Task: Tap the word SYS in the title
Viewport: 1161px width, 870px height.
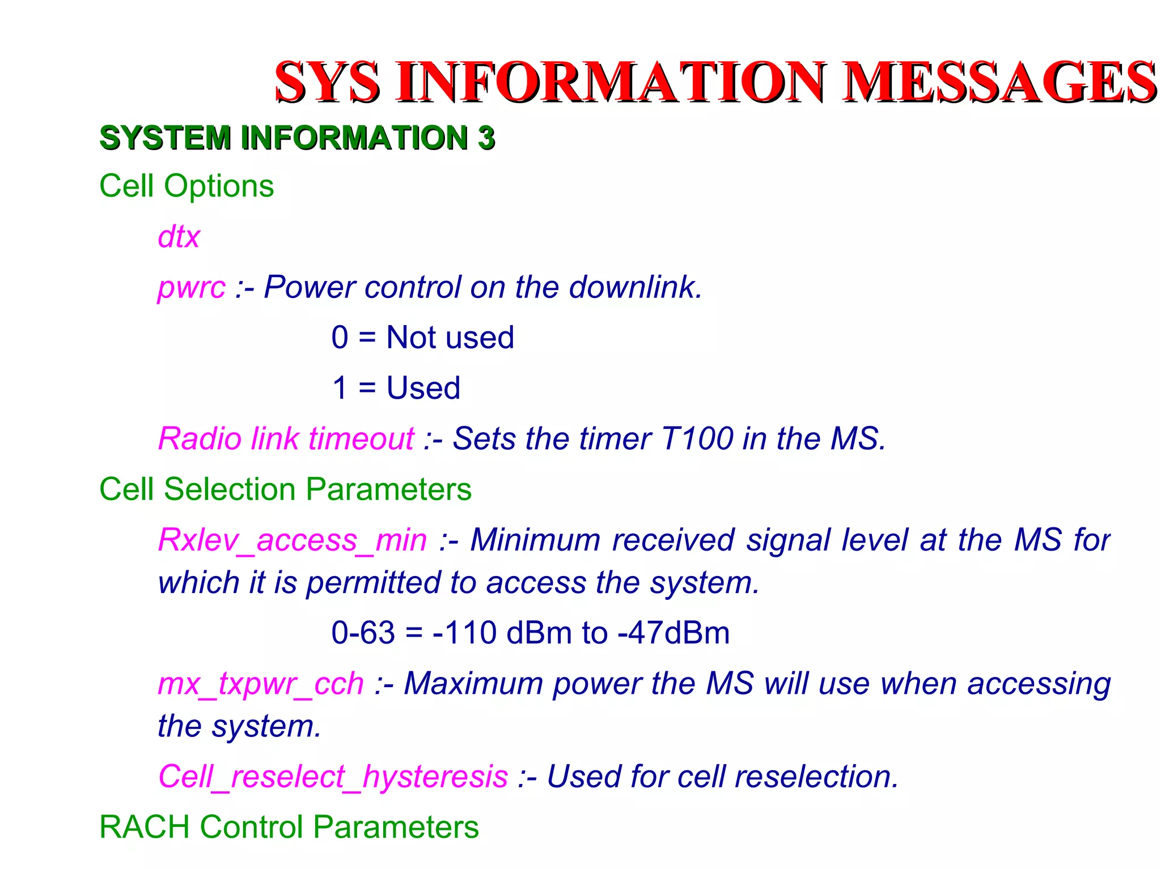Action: pos(327,83)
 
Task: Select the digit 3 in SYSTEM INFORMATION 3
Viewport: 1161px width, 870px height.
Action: pos(486,138)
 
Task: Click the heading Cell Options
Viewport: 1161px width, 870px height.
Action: pos(187,186)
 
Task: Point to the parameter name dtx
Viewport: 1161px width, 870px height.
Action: pos(179,236)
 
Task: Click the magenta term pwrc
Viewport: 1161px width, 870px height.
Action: pos(191,288)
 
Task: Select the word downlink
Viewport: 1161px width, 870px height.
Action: pos(635,287)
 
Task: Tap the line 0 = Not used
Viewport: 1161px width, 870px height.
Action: pos(422,338)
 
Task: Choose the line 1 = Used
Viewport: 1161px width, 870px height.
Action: pos(396,388)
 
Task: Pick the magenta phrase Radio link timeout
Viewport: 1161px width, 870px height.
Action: pos(286,438)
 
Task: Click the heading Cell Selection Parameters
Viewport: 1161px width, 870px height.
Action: pos(285,489)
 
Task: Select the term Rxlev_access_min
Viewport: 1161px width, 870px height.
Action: pos(293,540)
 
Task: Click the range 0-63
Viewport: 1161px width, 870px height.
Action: pos(363,633)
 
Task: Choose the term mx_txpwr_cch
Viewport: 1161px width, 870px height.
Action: pos(261,684)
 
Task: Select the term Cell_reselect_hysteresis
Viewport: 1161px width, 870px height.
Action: pos(333,777)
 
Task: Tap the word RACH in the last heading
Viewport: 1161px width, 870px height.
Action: pos(144,827)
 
